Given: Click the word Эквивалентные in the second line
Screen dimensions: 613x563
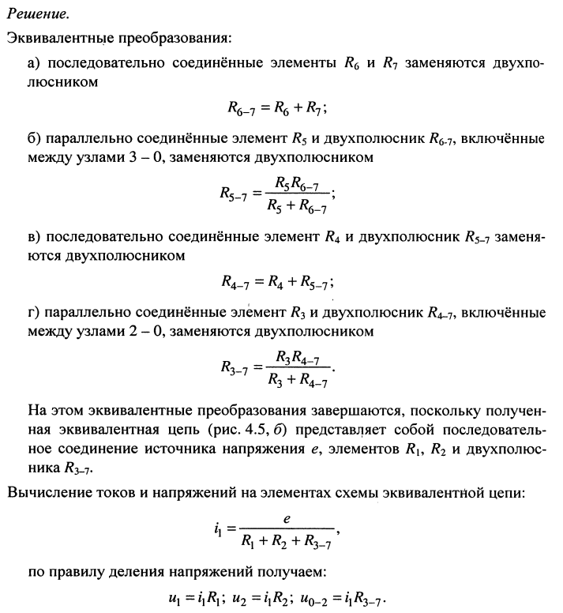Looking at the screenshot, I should (51, 38).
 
